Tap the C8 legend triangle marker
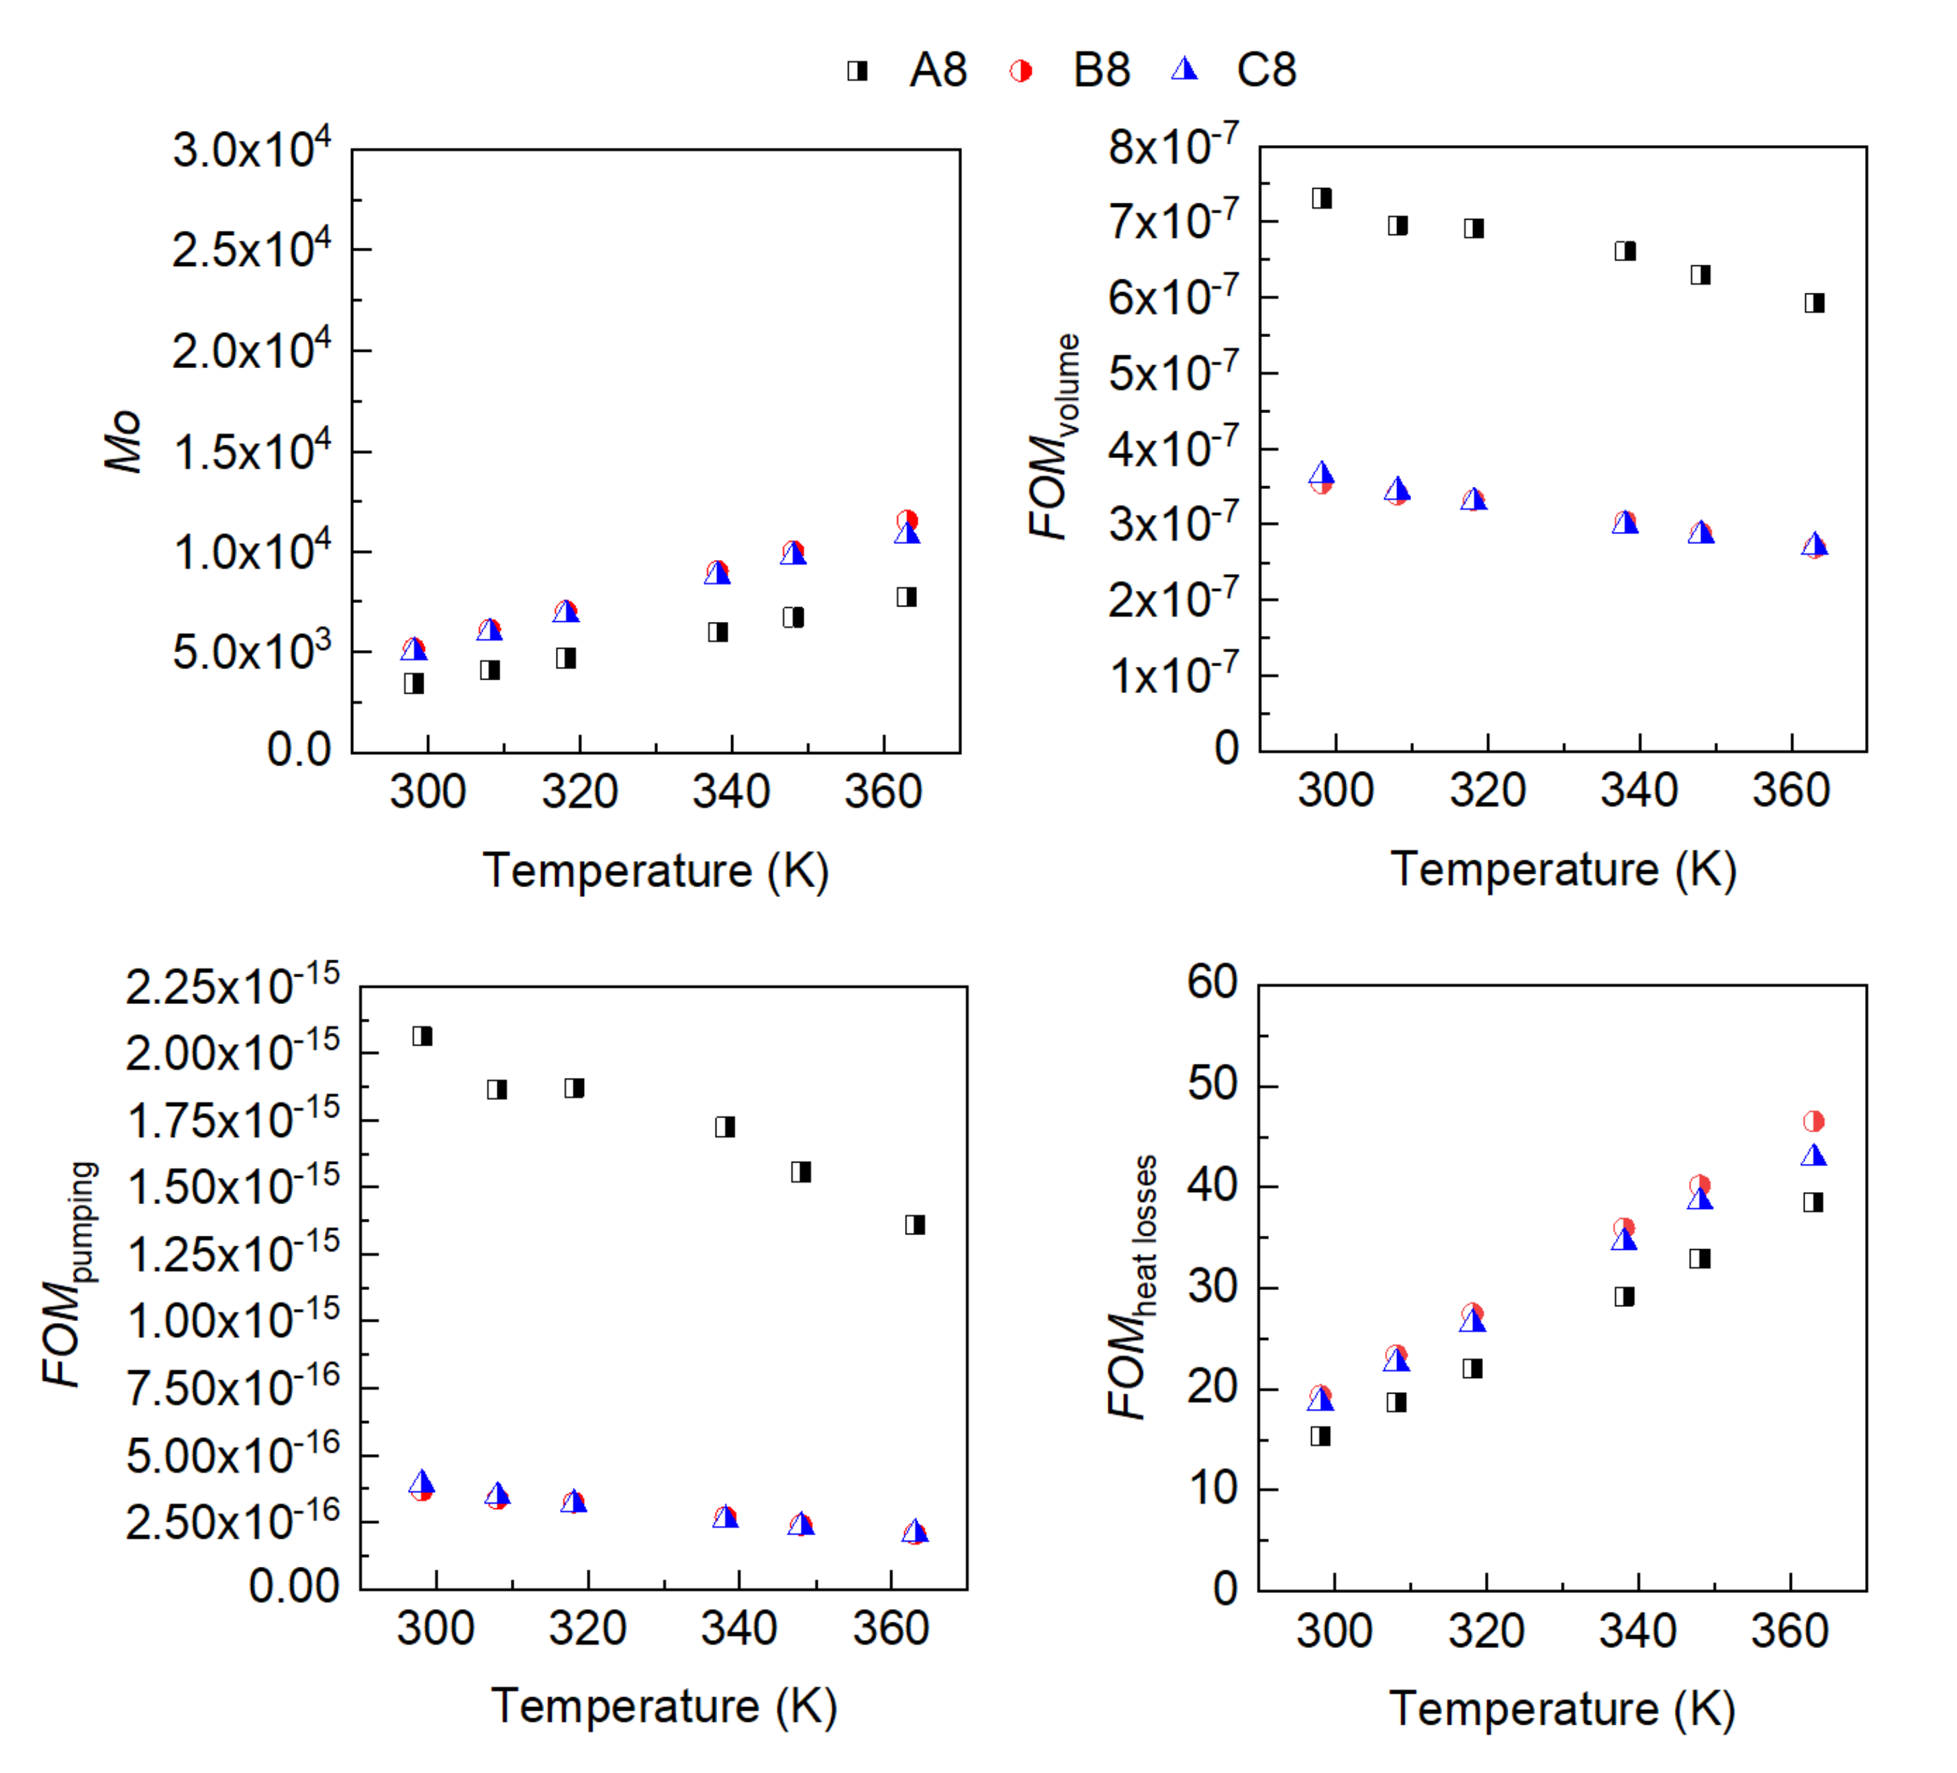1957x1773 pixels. [1184, 70]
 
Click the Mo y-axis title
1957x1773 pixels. [124, 442]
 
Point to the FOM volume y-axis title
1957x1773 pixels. [1054, 437]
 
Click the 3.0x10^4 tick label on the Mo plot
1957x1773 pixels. [251, 150]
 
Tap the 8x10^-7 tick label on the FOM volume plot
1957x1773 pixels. [1173, 146]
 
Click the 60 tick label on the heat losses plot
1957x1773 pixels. [1212, 982]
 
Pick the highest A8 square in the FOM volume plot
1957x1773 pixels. [1321, 199]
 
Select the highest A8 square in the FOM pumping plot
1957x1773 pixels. [422, 1036]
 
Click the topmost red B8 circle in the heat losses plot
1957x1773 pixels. [1813, 1122]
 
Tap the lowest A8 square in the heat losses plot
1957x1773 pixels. [1320, 1436]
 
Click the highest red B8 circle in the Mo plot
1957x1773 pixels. [907, 520]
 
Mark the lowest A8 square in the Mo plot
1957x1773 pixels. [414, 684]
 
